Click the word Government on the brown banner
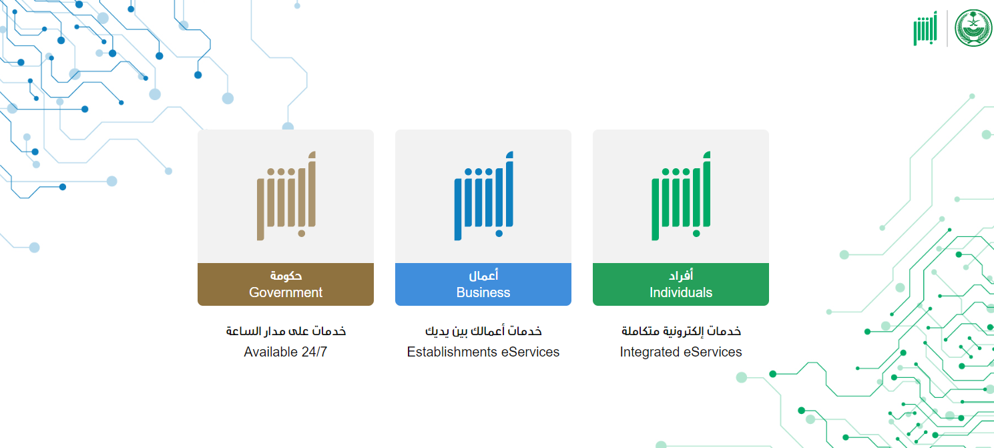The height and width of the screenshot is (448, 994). pyautogui.click(x=285, y=292)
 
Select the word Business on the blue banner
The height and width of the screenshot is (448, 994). pyautogui.click(x=483, y=292)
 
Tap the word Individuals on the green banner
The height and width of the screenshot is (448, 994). pyautogui.click(x=681, y=292)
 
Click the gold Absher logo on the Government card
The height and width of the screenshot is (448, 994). pyautogui.click(x=286, y=196)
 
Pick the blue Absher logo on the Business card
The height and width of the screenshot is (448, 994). pyautogui.click(x=484, y=196)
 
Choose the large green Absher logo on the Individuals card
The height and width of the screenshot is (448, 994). pyautogui.click(x=681, y=196)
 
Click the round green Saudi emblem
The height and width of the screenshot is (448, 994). pyautogui.click(x=973, y=28)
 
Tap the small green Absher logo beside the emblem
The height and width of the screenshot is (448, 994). pyautogui.click(x=925, y=28)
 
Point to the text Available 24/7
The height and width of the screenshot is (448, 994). pyautogui.click(x=285, y=352)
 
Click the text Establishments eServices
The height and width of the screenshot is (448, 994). pyautogui.click(x=483, y=352)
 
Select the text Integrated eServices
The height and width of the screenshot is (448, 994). pyautogui.click(x=681, y=352)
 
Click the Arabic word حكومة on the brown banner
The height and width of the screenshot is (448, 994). pyautogui.click(x=286, y=276)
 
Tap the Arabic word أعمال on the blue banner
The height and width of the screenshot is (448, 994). pyautogui.click(x=483, y=275)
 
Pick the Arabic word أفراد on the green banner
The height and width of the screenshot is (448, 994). pyautogui.click(x=681, y=275)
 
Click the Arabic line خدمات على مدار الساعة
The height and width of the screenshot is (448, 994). pyautogui.click(x=286, y=330)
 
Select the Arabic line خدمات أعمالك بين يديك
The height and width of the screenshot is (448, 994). pyautogui.click(x=483, y=330)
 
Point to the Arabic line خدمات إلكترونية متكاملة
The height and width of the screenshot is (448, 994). pyautogui.click(x=681, y=330)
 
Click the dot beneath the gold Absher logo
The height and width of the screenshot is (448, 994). pyautogui.click(x=302, y=234)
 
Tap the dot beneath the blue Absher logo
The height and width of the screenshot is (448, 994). pyautogui.click(x=499, y=234)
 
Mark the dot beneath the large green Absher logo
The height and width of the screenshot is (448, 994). pyautogui.click(x=697, y=234)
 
